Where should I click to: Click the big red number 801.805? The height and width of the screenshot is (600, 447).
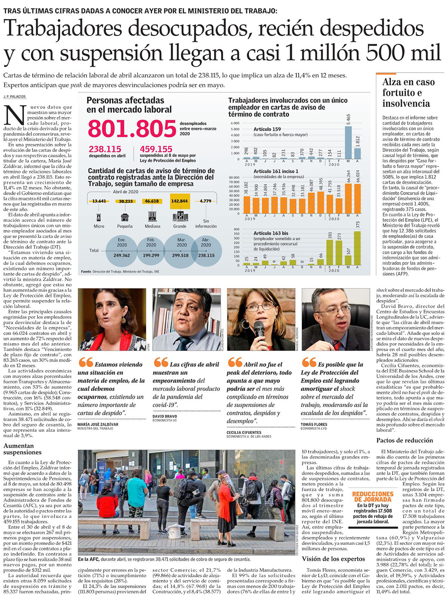(x=132, y=129)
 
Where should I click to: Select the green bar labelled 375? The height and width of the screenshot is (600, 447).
(x=357, y=248)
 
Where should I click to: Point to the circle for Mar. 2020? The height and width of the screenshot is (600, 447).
(x=181, y=250)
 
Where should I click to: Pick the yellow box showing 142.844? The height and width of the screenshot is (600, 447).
(x=179, y=201)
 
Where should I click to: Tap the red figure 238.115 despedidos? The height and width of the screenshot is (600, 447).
(x=105, y=149)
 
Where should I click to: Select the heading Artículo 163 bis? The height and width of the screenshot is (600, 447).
(x=271, y=233)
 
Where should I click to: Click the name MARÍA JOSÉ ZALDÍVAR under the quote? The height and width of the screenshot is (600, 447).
(x=98, y=425)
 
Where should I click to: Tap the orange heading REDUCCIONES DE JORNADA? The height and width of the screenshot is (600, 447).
(x=373, y=496)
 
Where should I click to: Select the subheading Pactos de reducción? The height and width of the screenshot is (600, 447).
(x=404, y=440)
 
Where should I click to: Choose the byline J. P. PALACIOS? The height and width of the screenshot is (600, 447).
(x=14, y=97)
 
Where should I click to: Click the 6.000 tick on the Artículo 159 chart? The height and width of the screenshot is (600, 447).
(x=235, y=123)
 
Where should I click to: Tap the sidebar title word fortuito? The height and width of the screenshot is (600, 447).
(x=396, y=93)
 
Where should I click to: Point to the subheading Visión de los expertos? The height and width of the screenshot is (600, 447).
(x=333, y=559)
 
